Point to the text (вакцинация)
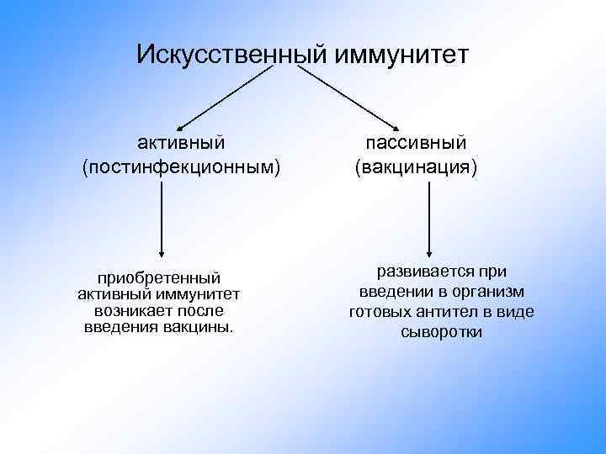tap(415, 168)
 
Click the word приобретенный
tap(159, 277)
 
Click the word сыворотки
tap(442, 332)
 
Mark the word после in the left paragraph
tap(200, 310)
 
